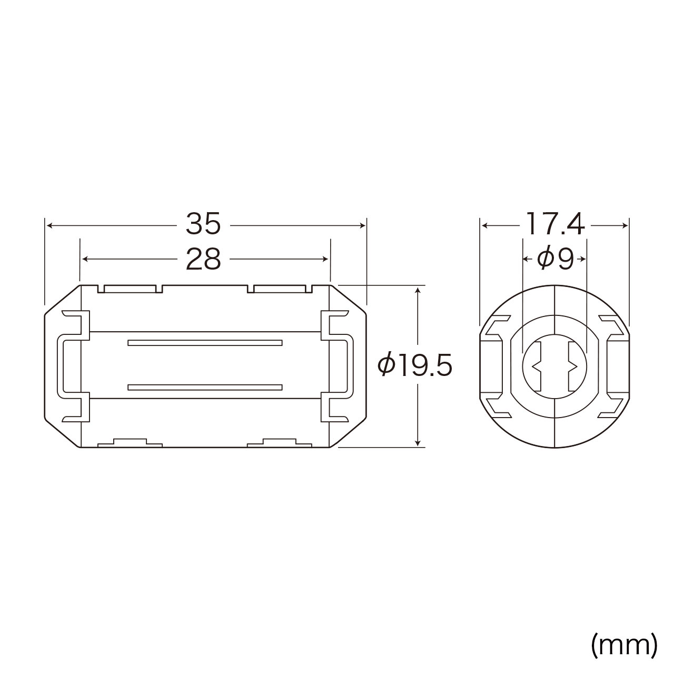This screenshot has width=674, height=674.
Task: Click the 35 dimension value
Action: coord(203,223)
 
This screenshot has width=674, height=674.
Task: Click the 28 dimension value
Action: coord(203,259)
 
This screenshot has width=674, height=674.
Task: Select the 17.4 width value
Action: coord(556,223)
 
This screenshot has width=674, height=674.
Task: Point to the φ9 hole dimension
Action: coord(556,259)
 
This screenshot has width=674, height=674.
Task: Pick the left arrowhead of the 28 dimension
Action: coord(85,259)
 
